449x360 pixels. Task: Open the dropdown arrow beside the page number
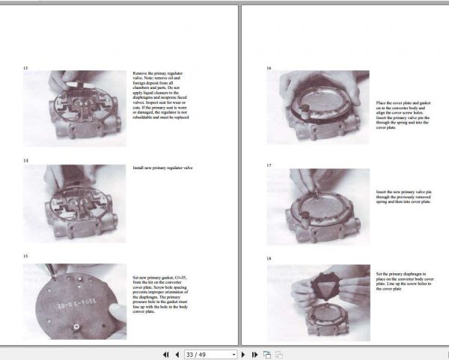coord(234,354)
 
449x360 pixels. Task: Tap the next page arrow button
coord(244,354)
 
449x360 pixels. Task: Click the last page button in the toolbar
coord(254,354)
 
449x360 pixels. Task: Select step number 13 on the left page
coord(25,68)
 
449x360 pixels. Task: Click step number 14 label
coord(25,160)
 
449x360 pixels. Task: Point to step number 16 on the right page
coord(269,68)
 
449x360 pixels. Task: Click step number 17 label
coord(269,164)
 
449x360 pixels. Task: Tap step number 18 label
coord(269,259)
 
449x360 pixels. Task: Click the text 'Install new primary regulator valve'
coord(161,168)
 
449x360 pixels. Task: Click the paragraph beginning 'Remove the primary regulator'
coord(160,95)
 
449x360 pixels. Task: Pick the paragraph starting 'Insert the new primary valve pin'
coord(402,196)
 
